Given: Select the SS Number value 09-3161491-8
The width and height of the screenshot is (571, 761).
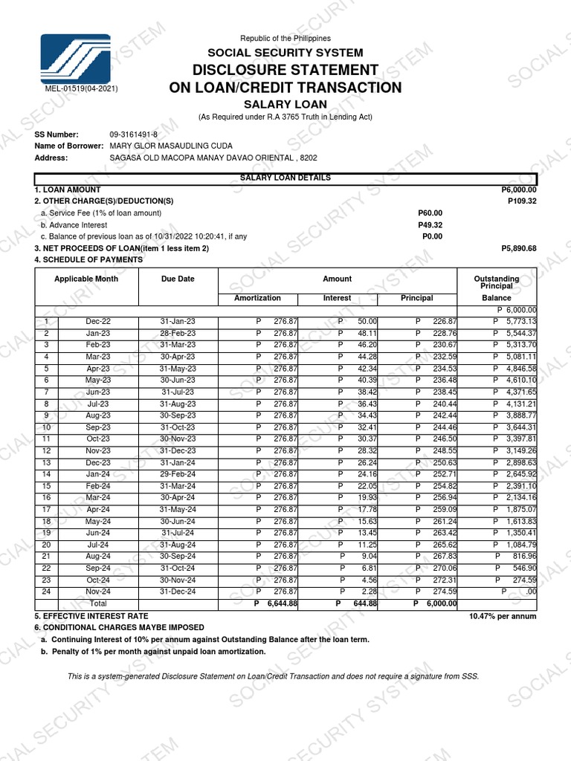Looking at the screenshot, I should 134,134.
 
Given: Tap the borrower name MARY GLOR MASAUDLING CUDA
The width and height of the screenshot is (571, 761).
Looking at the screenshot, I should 171,146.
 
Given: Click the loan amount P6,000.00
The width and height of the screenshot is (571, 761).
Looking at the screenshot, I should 519,190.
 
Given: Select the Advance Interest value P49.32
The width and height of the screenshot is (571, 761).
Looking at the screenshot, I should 430,224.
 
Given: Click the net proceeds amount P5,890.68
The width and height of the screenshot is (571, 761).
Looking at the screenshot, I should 519,248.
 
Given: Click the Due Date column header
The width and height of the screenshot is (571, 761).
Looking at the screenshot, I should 178,279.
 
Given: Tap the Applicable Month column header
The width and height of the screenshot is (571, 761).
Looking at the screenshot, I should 86,279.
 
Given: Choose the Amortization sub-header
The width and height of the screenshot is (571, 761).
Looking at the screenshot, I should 257,298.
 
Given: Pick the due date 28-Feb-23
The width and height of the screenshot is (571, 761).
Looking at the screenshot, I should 178,333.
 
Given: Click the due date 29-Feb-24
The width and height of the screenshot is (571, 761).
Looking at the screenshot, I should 178,474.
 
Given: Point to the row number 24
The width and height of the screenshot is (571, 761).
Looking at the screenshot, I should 46,592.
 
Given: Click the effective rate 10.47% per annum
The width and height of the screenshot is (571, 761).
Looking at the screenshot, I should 502,616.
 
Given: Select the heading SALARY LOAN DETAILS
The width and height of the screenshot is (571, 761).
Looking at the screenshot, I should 285,178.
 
